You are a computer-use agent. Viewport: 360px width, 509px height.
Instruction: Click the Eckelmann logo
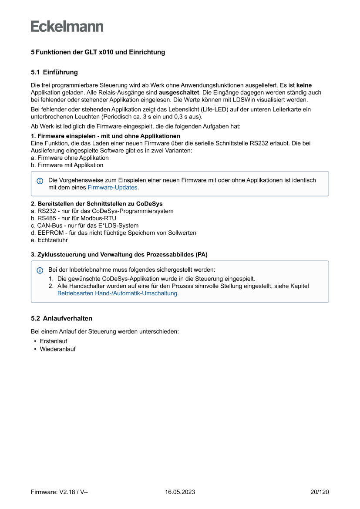67,27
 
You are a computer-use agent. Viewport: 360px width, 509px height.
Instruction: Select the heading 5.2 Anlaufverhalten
61,318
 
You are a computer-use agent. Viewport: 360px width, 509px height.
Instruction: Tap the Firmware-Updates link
112,188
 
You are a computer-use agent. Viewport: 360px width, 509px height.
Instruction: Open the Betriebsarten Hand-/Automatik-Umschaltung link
118,293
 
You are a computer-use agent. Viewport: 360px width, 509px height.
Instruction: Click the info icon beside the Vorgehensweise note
40,181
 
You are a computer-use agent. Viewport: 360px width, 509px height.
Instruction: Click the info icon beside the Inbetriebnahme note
40,270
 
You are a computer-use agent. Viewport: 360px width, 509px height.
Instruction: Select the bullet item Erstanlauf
54,341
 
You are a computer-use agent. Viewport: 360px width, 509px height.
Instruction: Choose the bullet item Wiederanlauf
57,349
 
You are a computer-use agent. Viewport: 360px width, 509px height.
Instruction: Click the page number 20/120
320,492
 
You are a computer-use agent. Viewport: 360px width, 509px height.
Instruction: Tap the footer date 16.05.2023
180,492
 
